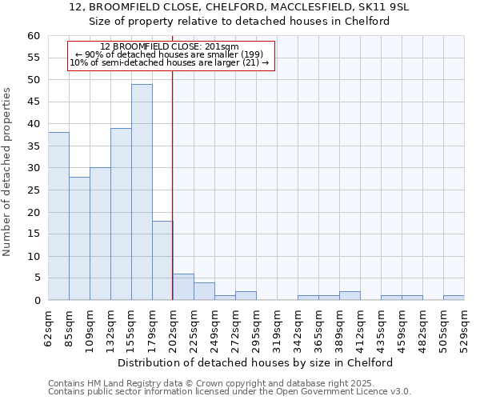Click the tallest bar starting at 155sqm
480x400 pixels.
[142, 192]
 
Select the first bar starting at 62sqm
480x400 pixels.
[58, 216]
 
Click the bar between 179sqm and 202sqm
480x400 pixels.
[162, 260]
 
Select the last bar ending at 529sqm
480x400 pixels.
[454, 298]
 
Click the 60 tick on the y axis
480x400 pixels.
[33, 36]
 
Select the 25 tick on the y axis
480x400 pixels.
[33, 190]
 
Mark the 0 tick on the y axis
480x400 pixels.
[36, 301]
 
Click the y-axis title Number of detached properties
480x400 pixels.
[8, 172]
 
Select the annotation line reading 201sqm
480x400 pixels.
[170, 47]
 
